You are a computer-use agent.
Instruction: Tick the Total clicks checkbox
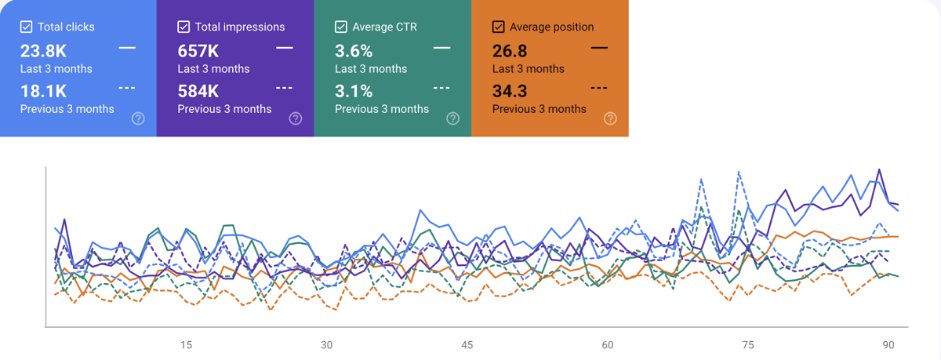click(27, 27)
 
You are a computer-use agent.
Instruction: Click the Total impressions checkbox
click(183, 27)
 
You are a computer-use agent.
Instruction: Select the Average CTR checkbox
click(341, 27)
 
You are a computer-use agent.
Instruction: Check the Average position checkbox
click(498, 27)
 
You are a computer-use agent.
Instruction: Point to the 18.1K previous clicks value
click(44, 91)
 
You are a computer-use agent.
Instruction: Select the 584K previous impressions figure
click(198, 91)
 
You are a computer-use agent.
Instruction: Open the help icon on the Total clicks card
click(138, 118)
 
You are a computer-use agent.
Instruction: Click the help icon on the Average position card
click(610, 118)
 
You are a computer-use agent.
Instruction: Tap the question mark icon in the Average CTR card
click(452, 118)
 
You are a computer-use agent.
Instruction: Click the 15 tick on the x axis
click(186, 344)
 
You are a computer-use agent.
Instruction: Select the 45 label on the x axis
click(467, 344)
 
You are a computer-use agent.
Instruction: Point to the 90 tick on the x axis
click(888, 344)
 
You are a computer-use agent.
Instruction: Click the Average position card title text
click(551, 27)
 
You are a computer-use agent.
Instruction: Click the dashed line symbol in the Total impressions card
click(285, 88)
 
